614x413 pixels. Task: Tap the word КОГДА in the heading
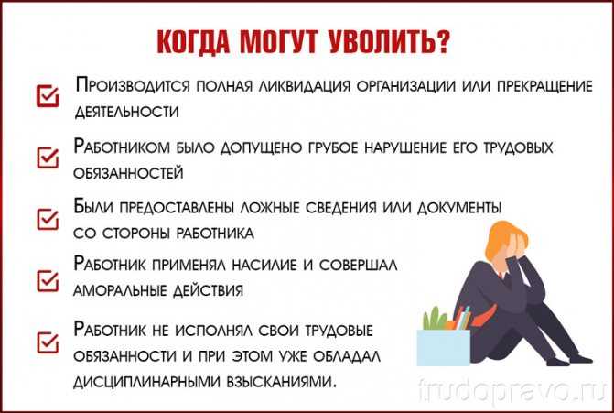pyautogui.click(x=193, y=42)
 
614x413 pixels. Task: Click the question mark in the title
pyautogui.click(x=443, y=41)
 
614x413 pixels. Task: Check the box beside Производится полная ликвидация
pyautogui.click(x=48, y=95)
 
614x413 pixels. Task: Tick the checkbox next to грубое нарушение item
pyautogui.click(x=48, y=158)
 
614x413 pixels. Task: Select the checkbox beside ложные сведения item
pyautogui.click(x=48, y=219)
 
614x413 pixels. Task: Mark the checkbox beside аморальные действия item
pyautogui.click(x=48, y=280)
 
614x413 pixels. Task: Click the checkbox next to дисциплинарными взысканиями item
pyautogui.click(x=48, y=342)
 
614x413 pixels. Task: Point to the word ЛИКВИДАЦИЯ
pyautogui.click(x=304, y=86)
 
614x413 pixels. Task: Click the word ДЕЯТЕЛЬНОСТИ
pyautogui.click(x=126, y=112)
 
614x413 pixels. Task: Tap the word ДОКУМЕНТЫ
pyautogui.click(x=459, y=208)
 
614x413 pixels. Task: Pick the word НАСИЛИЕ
pyautogui.click(x=264, y=265)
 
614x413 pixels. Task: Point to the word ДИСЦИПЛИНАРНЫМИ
pyautogui.click(x=146, y=381)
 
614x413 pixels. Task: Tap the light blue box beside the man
pyautogui.click(x=443, y=348)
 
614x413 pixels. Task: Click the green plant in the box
pyautogui.click(x=434, y=319)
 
